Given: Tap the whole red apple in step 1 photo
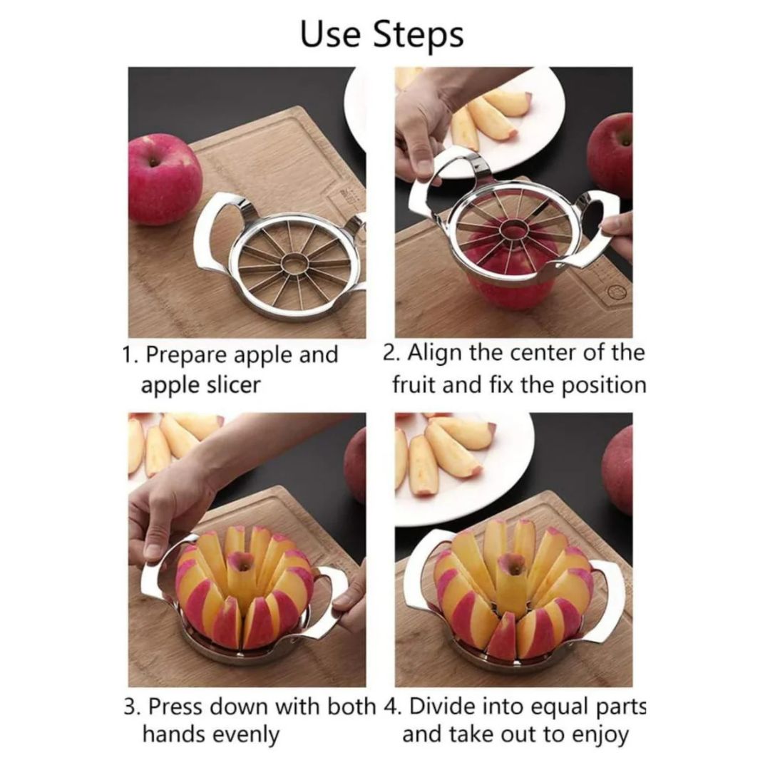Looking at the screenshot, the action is coord(165,180).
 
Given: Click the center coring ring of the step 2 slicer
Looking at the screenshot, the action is coord(513,230).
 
